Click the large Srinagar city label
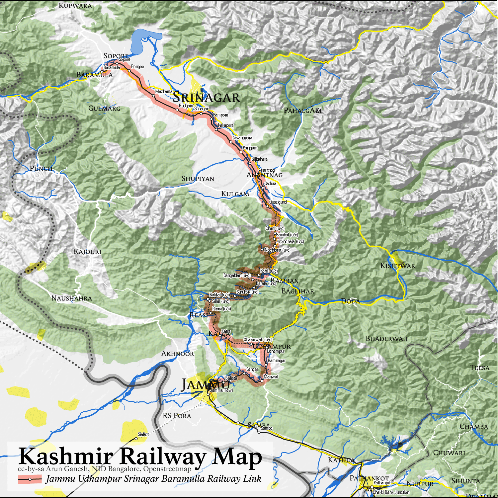point(206,97)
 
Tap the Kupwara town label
point(75,5)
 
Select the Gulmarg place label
point(104,108)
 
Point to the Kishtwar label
point(397,266)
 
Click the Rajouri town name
point(87,251)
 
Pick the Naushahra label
point(72,298)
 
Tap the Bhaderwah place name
point(386,339)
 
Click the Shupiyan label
point(198,179)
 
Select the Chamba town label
point(473,427)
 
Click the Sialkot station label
point(143,434)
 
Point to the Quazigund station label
point(278,202)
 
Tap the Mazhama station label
point(164,91)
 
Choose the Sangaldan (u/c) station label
point(237,276)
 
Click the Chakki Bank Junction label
point(391,492)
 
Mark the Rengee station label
point(137,67)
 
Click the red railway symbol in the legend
point(30,479)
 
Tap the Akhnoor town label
point(177,354)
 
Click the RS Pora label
point(177,416)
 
